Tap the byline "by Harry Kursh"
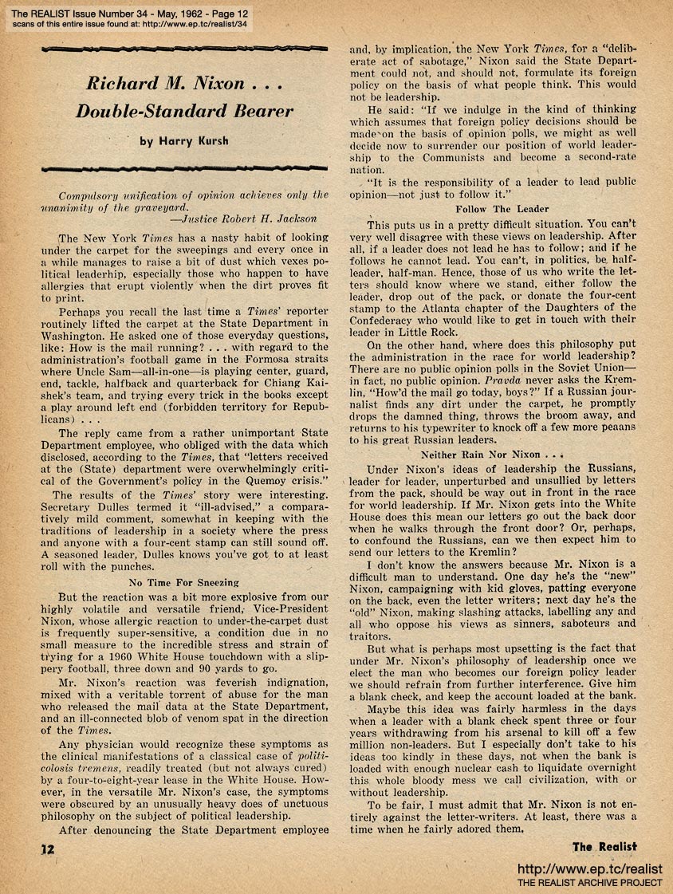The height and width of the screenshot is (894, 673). tap(185, 141)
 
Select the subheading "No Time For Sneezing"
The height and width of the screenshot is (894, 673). tap(185, 581)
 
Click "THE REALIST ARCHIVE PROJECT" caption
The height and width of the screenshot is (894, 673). tap(590, 883)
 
